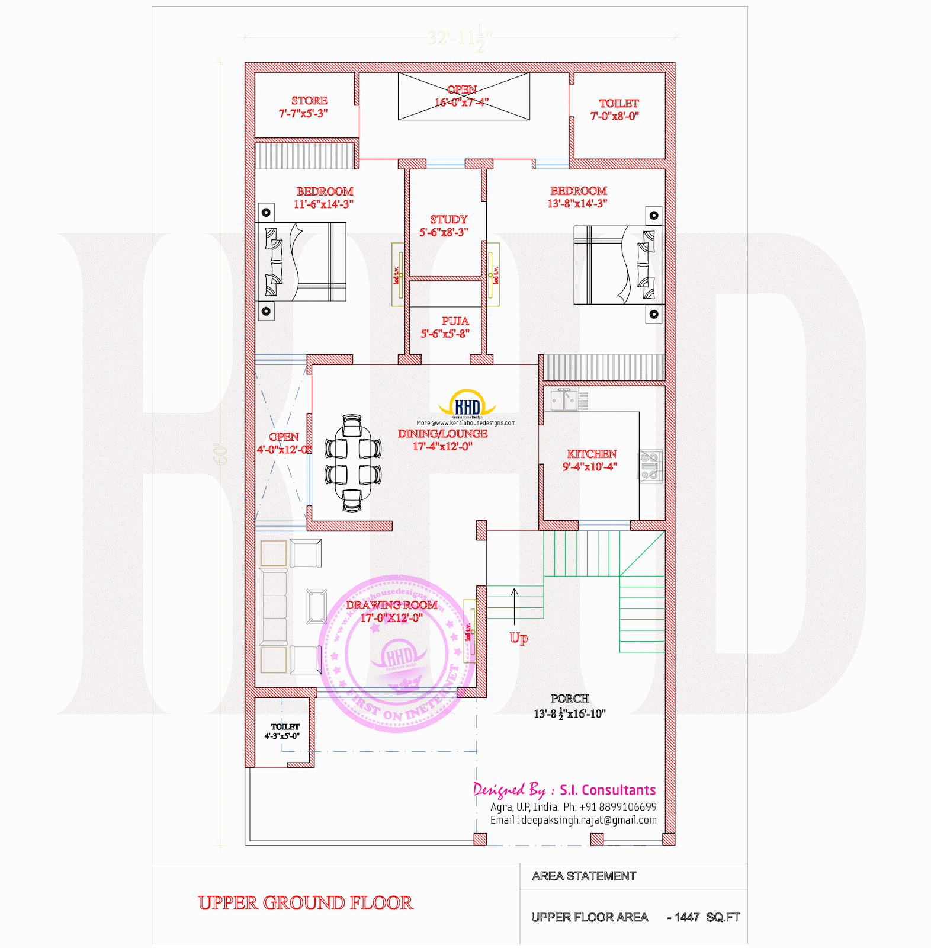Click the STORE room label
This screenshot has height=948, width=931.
click(309, 101)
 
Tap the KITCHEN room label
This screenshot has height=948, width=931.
click(591, 454)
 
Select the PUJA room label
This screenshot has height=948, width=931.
click(454, 321)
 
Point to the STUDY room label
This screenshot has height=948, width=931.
click(448, 220)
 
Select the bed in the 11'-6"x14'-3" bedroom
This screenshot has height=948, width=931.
click(301, 261)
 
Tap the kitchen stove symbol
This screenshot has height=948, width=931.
click(649, 466)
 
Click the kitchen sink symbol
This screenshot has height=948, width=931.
click(564, 400)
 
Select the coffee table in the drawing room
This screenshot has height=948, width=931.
click(316, 606)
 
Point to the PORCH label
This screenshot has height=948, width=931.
click(570, 699)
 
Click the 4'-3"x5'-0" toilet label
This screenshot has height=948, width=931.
click(284, 727)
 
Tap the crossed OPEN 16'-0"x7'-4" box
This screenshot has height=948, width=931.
click(464, 96)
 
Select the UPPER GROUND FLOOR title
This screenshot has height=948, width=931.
click(306, 903)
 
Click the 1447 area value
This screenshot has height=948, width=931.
click(687, 917)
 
